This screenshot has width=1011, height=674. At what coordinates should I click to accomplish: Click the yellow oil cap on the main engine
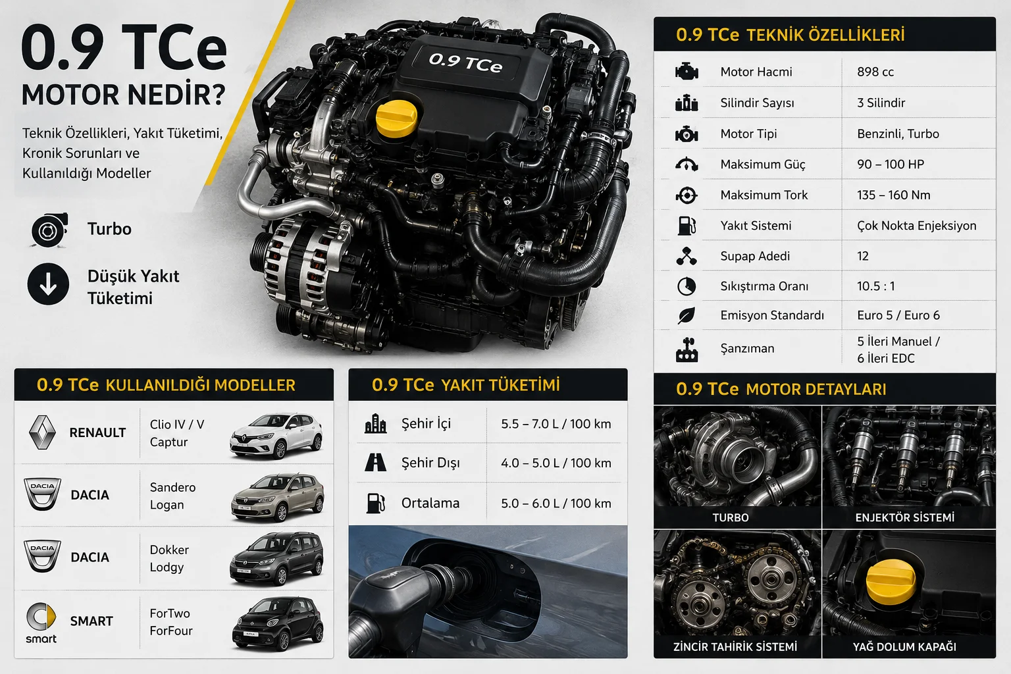tap(396, 118)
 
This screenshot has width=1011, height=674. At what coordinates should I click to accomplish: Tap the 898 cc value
tap(875, 72)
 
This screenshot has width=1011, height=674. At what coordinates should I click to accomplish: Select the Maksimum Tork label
tap(764, 195)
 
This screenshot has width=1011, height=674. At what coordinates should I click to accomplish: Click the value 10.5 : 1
tap(875, 286)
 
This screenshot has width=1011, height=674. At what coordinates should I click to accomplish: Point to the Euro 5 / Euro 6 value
tap(898, 315)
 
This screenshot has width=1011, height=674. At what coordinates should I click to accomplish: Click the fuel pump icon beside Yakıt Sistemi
tap(687, 226)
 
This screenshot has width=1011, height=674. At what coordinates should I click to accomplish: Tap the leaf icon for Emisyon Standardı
tap(687, 315)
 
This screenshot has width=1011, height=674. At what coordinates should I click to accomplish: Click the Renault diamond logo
tap(42, 432)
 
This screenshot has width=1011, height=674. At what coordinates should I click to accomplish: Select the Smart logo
tap(41, 622)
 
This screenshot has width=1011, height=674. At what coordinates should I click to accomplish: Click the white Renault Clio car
tap(276, 435)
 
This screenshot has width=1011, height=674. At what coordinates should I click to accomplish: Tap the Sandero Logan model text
tap(172, 496)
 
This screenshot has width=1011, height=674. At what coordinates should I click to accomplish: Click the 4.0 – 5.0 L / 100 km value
tap(556, 463)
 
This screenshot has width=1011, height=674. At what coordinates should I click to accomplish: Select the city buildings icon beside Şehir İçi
tap(376, 423)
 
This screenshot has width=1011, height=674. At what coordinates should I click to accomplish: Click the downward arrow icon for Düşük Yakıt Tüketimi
tap(48, 284)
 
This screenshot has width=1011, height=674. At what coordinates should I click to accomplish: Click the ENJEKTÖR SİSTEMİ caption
tap(904, 517)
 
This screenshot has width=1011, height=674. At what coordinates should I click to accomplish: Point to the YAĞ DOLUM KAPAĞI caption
tap(904, 647)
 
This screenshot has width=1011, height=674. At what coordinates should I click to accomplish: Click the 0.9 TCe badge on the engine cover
tap(465, 63)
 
